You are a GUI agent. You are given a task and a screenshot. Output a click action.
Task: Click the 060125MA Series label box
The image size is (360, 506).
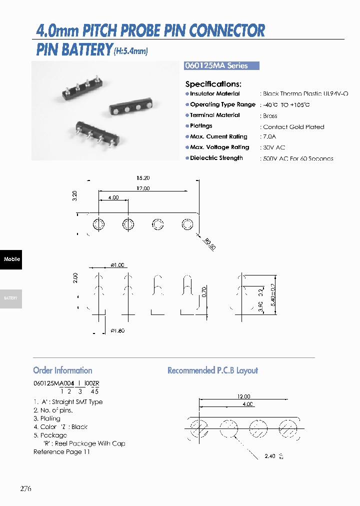click(222, 65)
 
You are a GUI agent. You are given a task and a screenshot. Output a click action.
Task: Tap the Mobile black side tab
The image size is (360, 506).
click(11, 259)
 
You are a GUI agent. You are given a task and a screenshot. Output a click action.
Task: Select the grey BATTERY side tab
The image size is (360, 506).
click(11, 298)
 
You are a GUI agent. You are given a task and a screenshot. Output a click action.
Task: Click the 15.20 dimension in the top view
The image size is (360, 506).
click(142, 178)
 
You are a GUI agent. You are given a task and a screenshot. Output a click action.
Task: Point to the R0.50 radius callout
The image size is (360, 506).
click(209, 244)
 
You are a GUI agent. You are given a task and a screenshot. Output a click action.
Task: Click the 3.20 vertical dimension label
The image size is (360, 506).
click(75, 195)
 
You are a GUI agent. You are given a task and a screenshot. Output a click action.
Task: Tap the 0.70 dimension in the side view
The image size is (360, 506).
click(204, 292)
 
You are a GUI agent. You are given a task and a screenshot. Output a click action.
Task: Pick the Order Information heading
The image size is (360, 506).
click(62, 370)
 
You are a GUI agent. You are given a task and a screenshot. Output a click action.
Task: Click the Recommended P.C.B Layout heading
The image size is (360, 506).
click(212, 370)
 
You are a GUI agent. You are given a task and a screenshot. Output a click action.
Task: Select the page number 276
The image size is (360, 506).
click(25, 488)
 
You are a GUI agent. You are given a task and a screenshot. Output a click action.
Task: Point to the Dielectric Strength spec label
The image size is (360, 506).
click(216, 158)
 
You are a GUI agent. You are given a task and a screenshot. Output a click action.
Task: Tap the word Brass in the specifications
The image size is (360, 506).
click(270, 115)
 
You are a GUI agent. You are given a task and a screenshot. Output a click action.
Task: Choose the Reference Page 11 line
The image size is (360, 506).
click(61, 452)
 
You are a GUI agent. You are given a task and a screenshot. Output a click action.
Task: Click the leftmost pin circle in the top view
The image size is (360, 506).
click(99, 224)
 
